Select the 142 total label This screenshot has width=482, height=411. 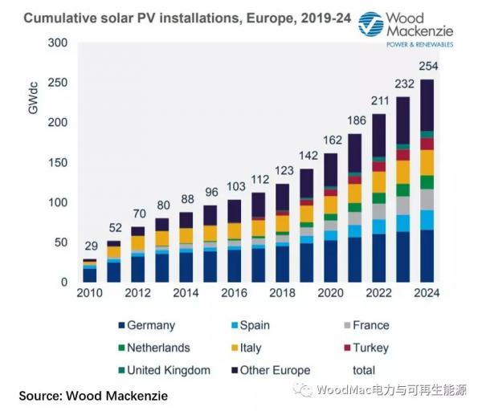tap(307, 156)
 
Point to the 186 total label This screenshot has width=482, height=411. tap(355, 120)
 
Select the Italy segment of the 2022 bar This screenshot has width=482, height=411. tap(379, 181)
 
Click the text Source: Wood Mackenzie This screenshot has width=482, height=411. tap(95, 397)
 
